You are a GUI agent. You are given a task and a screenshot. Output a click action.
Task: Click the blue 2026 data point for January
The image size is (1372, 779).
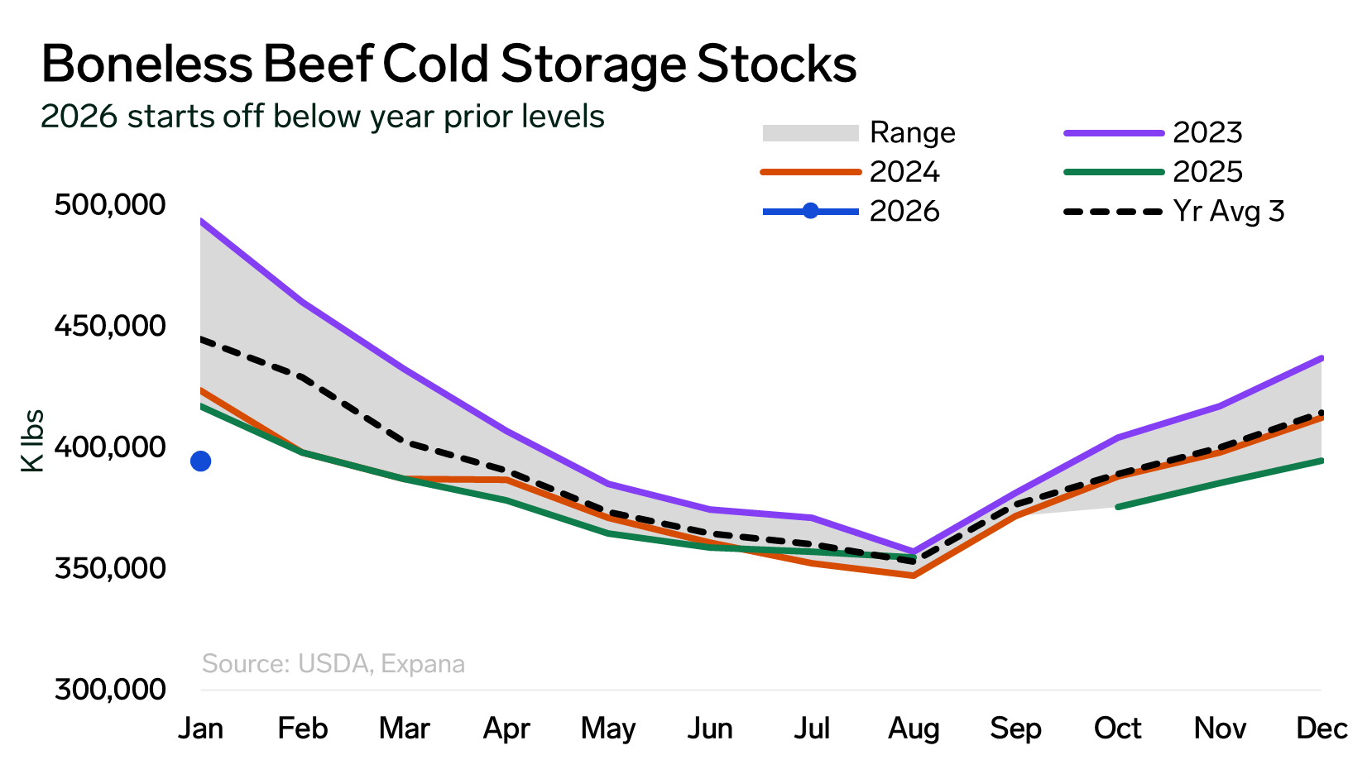click(x=200, y=461)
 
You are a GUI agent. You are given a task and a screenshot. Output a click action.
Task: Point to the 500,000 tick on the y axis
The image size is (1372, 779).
click(x=110, y=204)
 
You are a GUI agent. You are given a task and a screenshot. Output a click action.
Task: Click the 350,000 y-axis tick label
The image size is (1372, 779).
click(x=110, y=569)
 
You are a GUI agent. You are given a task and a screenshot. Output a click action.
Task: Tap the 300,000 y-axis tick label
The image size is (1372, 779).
click(x=110, y=690)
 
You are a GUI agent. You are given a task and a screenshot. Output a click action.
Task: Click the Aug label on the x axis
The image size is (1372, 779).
click(x=914, y=729)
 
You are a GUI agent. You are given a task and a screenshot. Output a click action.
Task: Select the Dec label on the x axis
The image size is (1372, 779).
click(x=1322, y=729)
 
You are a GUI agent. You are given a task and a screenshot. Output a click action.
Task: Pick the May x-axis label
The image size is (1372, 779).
click(x=608, y=729)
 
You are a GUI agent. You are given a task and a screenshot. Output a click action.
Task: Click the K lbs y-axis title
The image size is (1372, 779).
click(x=32, y=441)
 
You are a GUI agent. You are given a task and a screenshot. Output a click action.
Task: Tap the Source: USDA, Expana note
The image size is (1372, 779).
click(x=333, y=664)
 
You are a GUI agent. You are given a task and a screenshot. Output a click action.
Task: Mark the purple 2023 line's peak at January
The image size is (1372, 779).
click(x=201, y=221)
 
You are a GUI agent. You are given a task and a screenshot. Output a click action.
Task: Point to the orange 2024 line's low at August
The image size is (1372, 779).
click(x=914, y=575)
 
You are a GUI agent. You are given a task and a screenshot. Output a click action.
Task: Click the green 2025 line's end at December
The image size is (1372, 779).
click(x=1322, y=461)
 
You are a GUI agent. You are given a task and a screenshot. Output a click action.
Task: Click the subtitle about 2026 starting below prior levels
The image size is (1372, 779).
click(x=323, y=117)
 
